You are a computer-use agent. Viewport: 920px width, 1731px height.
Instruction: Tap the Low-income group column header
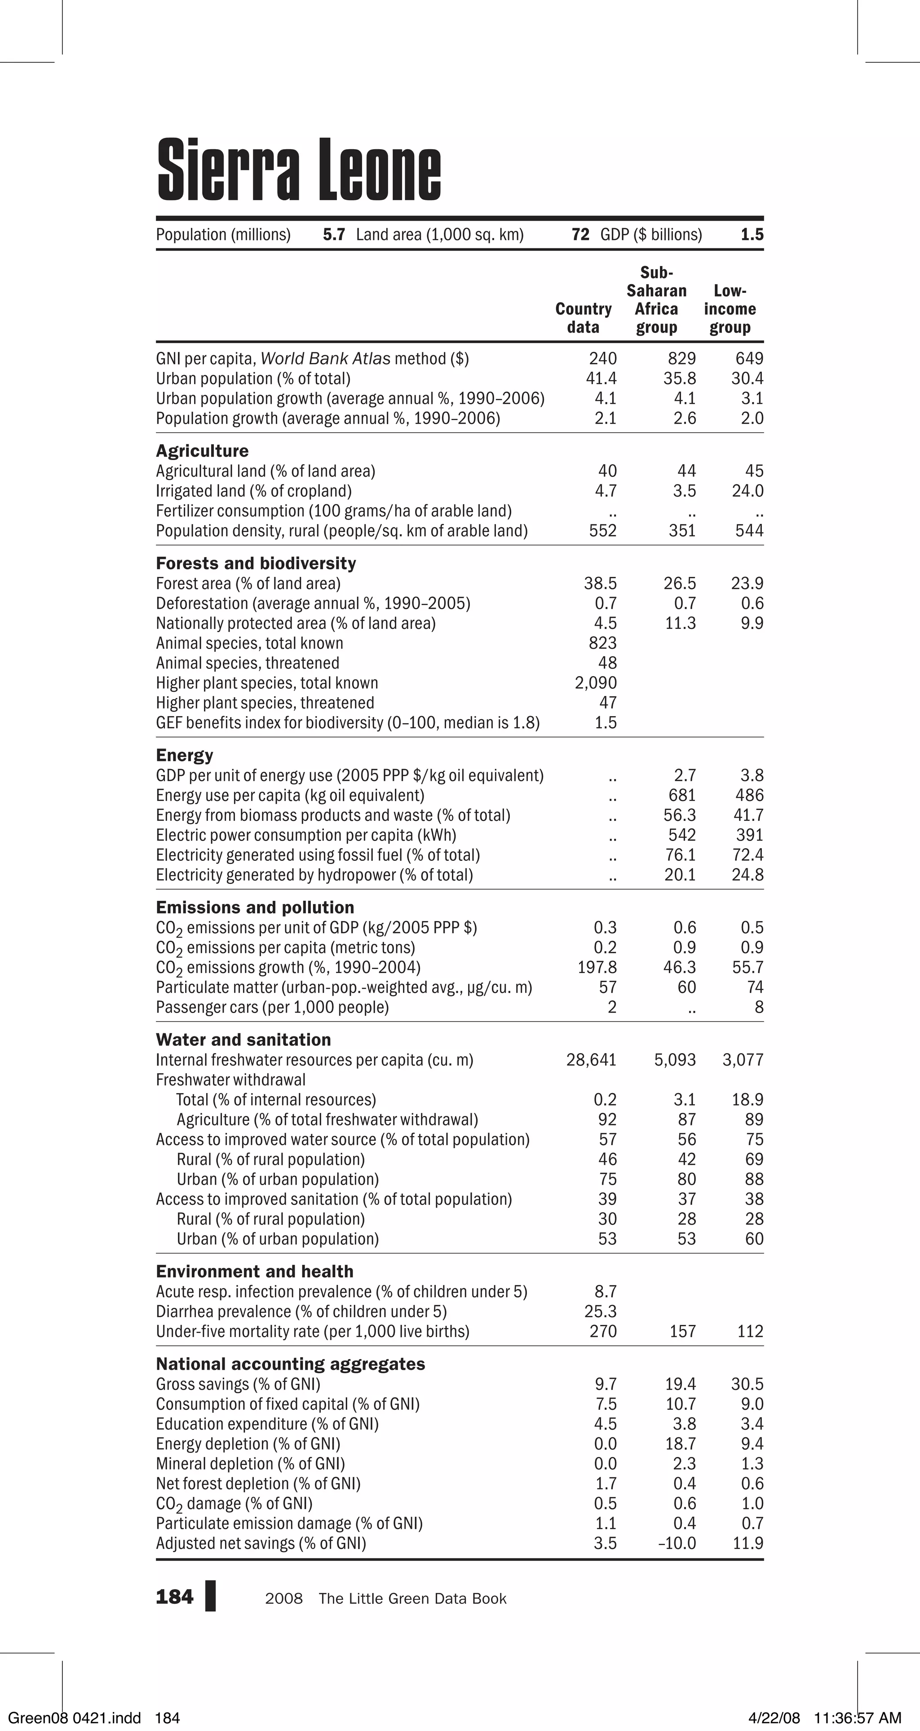coord(730,309)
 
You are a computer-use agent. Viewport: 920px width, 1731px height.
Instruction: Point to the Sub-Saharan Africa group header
coord(657,300)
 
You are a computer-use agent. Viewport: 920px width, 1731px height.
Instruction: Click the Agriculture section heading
coord(202,451)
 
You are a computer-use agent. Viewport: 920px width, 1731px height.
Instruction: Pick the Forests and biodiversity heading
coord(256,563)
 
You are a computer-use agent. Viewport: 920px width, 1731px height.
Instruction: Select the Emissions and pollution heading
coord(255,907)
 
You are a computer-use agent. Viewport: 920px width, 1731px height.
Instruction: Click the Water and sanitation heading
coord(243,1040)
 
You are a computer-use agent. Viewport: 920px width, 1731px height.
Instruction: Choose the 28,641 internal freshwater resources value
coord(591,1060)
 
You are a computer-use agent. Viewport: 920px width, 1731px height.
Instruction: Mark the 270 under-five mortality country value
coord(603,1331)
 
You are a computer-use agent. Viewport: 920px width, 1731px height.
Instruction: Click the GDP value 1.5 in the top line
coord(752,235)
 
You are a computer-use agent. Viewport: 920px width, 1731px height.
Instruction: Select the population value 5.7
coord(334,235)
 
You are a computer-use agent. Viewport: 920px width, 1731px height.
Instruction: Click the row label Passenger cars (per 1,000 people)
coord(272,1007)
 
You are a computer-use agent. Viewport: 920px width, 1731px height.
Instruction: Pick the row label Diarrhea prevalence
coord(301,1312)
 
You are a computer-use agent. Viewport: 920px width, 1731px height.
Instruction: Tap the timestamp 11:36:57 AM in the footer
coord(857,1718)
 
